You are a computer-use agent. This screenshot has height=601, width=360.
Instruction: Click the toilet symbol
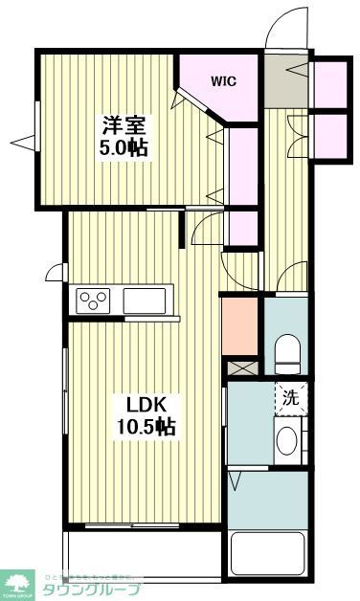(x=287, y=354)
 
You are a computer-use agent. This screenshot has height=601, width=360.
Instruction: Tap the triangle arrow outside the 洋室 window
(x=21, y=144)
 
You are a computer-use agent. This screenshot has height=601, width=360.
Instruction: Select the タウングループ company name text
(x=92, y=589)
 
